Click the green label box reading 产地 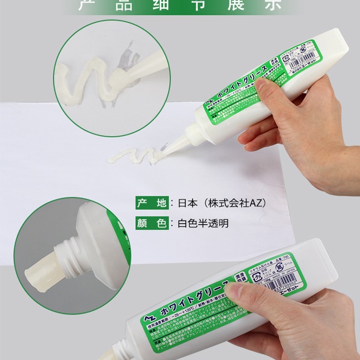152,202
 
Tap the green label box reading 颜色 152,223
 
